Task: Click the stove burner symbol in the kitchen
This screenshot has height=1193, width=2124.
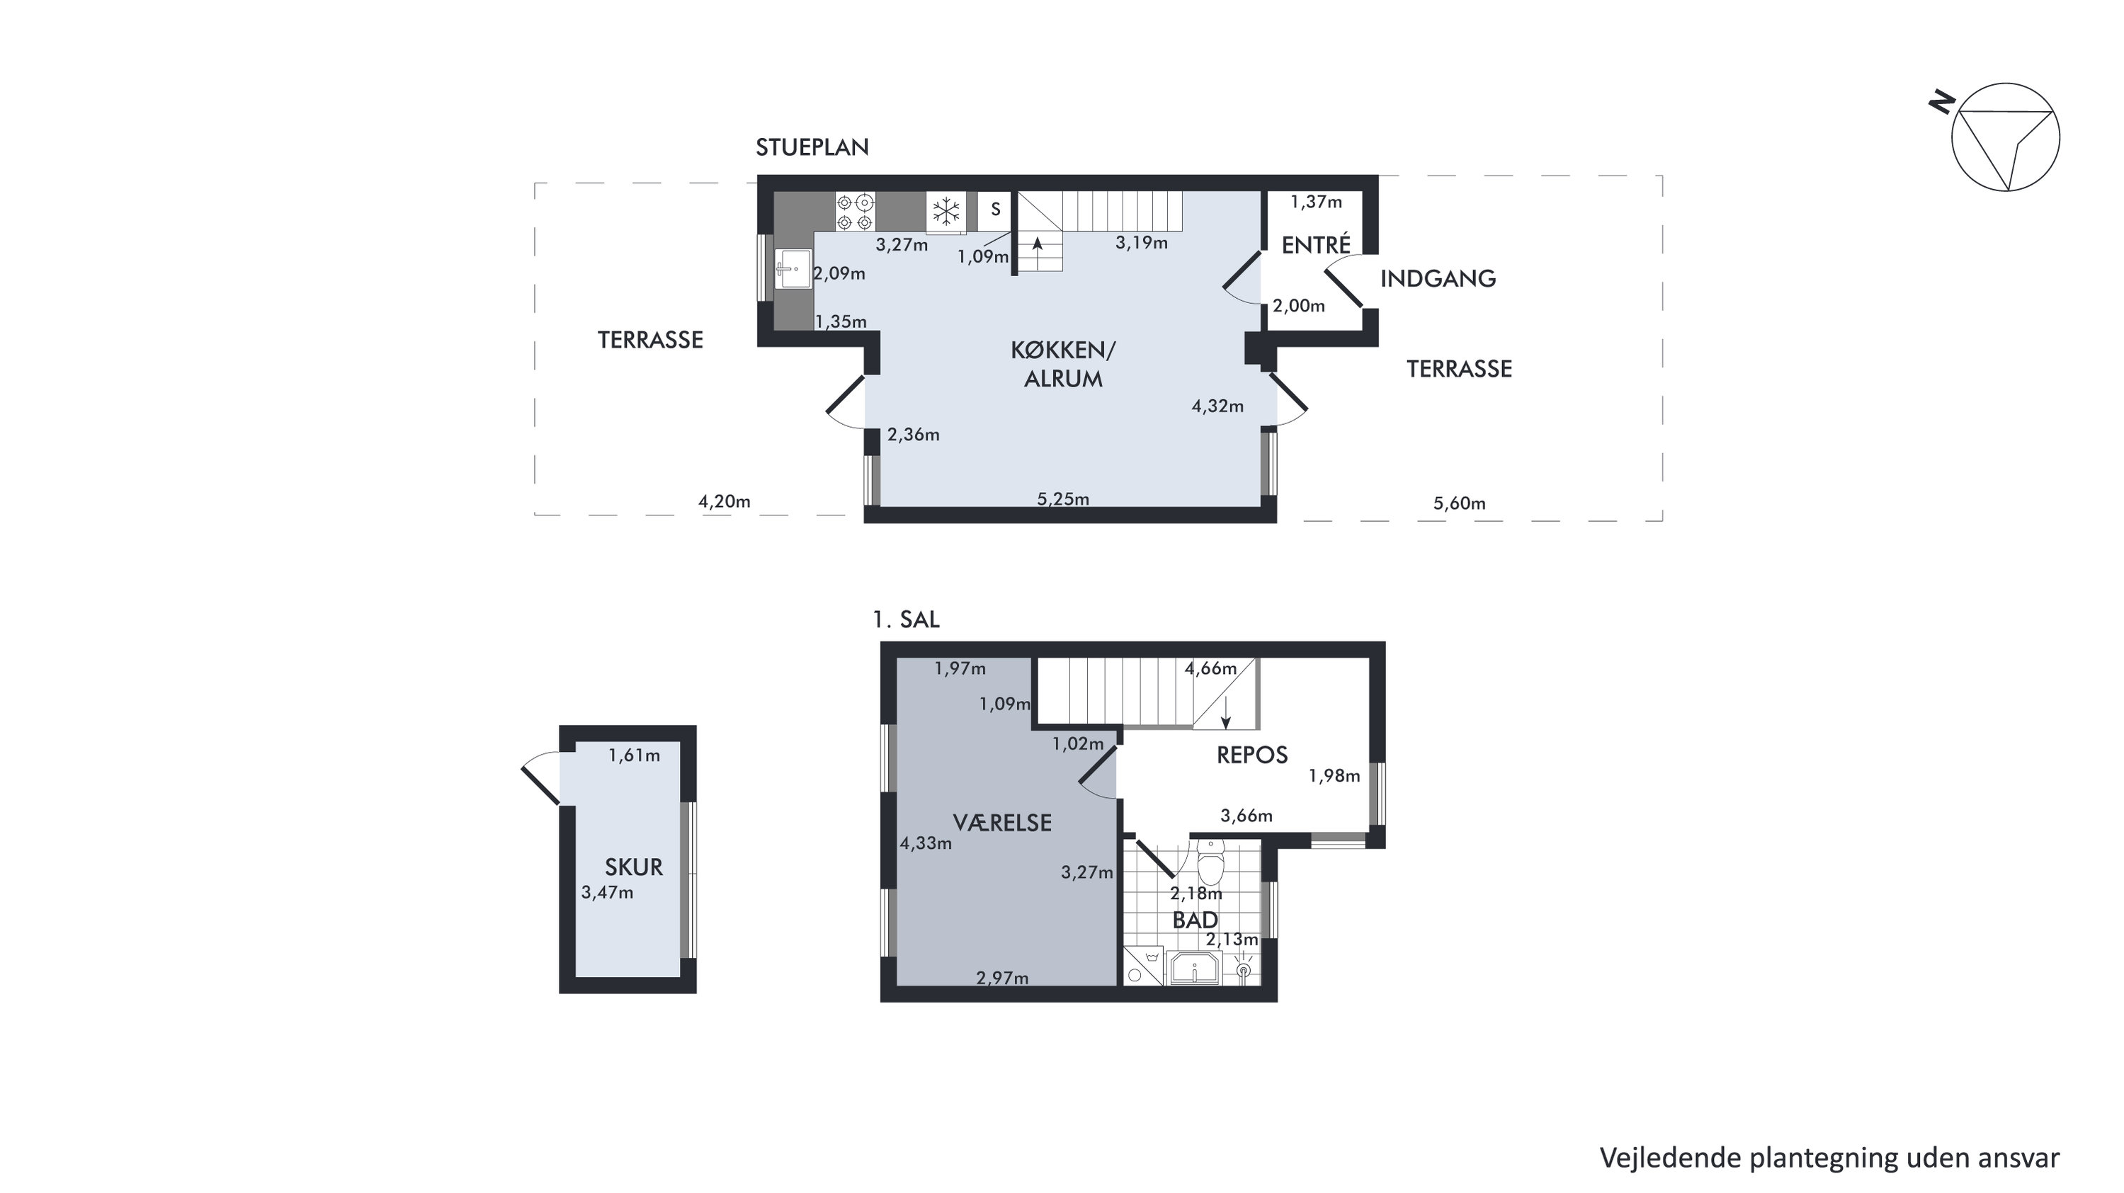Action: click(855, 211)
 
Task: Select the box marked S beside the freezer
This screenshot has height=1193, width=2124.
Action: click(995, 210)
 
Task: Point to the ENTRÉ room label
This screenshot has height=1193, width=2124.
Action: click(1316, 245)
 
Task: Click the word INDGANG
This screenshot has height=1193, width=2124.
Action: click(1438, 279)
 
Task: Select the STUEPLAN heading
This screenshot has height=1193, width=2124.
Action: click(812, 147)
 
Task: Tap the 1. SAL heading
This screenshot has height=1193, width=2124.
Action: click(906, 620)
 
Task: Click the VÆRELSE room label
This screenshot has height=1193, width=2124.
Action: click(1002, 823)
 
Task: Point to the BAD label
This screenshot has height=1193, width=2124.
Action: click(1195, 920)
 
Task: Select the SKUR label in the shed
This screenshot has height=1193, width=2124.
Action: click(633, 867)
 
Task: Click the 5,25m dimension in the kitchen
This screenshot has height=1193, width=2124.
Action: click(1063, 499)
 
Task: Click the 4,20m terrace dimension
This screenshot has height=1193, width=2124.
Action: click(724, 501)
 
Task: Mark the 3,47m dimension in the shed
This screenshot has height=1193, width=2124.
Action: click(607, 892)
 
